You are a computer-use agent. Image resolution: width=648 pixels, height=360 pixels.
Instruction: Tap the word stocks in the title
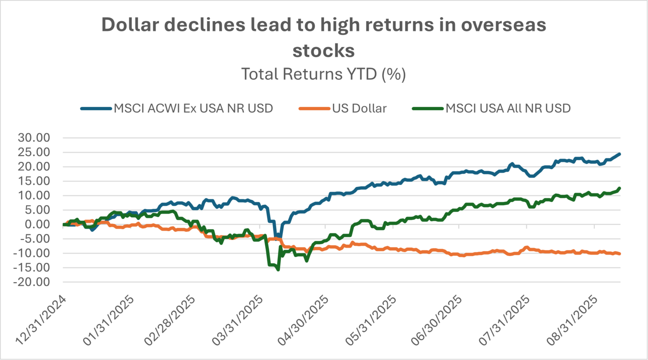[324, 51]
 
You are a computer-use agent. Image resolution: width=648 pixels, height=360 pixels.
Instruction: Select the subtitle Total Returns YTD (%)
[324, 74]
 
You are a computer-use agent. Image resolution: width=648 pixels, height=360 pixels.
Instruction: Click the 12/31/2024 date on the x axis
[41, 320]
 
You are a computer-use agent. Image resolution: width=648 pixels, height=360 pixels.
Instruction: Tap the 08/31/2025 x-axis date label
[572, 320]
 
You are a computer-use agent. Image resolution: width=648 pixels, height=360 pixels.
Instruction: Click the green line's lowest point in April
[278, 270]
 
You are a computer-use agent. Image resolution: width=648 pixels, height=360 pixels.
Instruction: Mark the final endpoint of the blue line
[619, 154]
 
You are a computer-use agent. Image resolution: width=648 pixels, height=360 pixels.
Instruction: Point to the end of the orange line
[620, 254]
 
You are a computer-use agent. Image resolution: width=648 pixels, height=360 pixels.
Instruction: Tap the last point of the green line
[619, 188]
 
